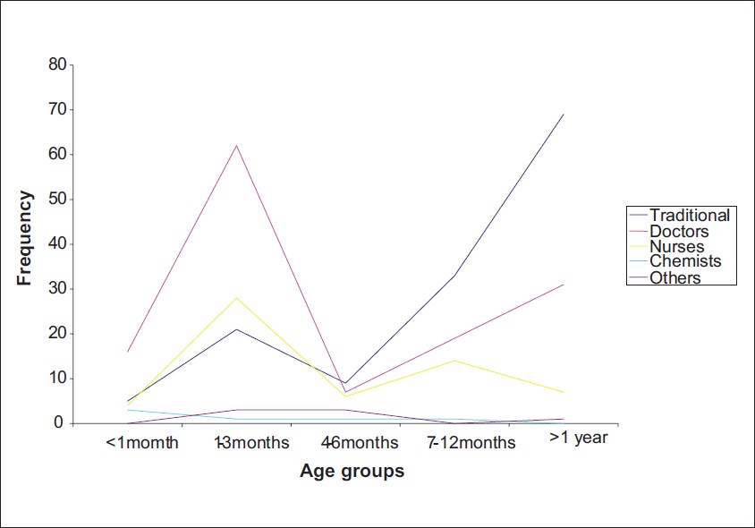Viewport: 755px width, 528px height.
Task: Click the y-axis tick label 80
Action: click(57, 64)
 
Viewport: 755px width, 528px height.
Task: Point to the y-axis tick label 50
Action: click(57, 199)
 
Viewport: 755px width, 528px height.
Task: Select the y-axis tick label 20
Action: click(57, 334)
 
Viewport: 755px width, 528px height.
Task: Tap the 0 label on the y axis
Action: click(59, 422)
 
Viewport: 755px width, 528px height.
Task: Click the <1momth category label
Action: click(141, 442)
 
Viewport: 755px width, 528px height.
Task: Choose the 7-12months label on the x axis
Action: click(471, 442)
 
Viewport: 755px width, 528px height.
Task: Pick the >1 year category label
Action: click(578, 438)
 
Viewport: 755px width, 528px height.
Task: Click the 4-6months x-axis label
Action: click(360, 442)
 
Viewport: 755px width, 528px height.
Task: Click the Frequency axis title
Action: click(24, 238)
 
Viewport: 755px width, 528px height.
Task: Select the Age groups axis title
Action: click(352, 470)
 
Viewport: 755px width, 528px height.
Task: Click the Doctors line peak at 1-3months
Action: click(236, 146)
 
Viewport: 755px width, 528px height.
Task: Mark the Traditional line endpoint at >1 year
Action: click(564, 115)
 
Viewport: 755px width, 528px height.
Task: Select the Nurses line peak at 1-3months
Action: click(236, 298)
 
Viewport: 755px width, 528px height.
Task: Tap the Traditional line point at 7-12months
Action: click(454, 276)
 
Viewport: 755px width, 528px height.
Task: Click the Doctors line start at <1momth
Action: click(128, 352)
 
